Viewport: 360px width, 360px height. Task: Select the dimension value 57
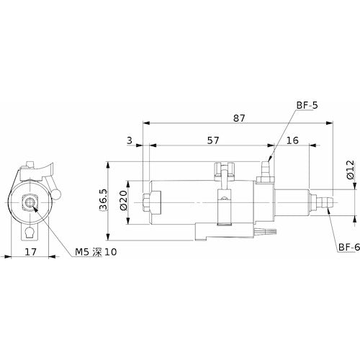pos(213,141)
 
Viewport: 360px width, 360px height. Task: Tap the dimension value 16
pos(292,141)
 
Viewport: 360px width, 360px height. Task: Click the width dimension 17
pos(30,252)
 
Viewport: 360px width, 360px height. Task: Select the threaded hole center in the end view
pos(31,204)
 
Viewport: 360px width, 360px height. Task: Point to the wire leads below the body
pos(266,230)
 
